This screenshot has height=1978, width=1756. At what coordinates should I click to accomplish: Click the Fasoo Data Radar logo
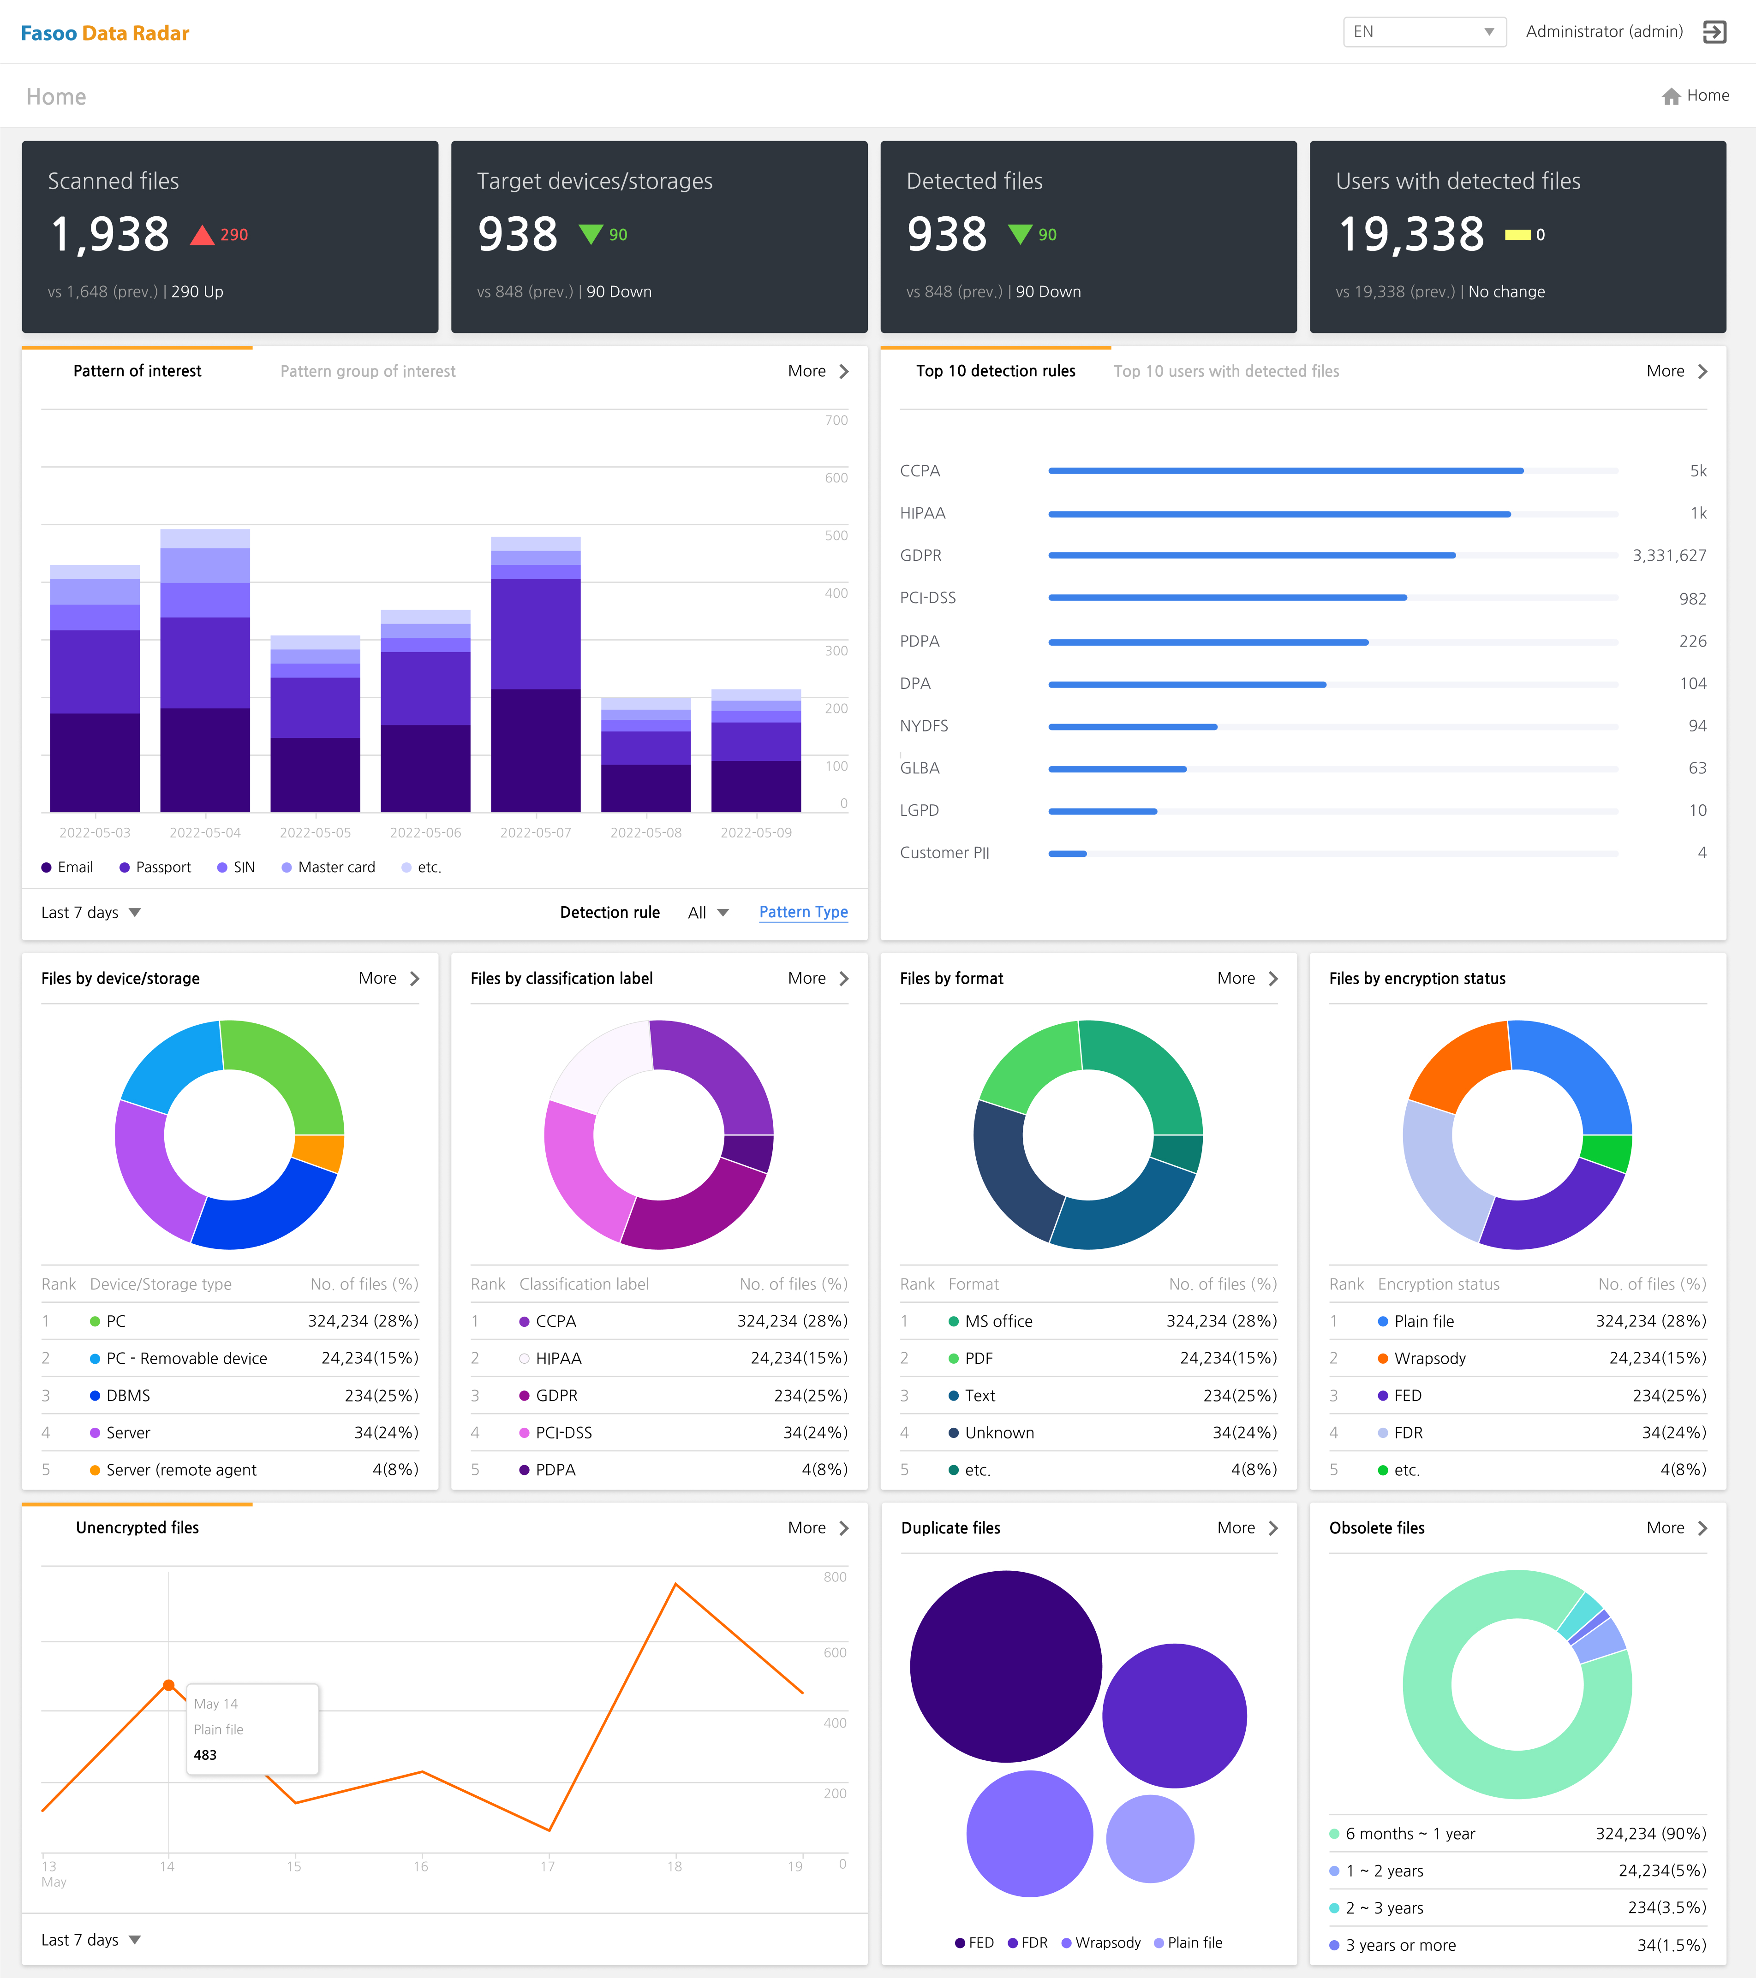(105, 33)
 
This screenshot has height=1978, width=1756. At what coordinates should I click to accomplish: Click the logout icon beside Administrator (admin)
(1714, 32)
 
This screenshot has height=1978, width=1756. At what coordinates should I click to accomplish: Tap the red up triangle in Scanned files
(201, 235)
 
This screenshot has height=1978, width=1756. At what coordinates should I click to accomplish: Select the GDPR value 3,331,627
(1669, 555)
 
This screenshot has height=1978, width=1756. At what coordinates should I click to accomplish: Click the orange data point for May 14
(168, 1685)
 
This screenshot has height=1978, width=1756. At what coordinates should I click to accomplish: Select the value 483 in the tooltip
(205, 1754)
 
